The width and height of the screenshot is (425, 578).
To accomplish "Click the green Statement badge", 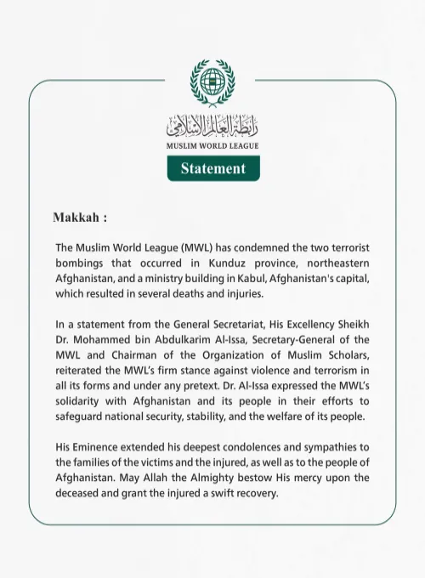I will point(212,168).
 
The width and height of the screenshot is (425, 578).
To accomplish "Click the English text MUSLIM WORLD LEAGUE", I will point(212,146).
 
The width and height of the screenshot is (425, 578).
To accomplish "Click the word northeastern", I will point(337,263).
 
